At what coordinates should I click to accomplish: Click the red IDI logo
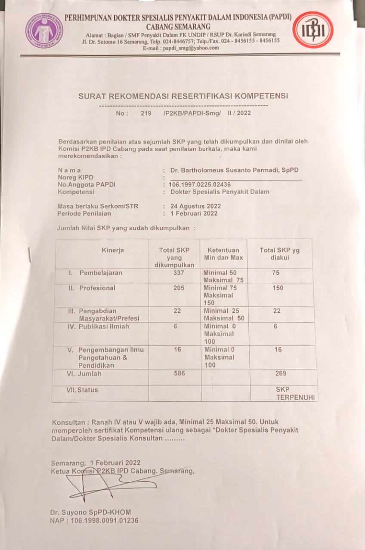click(x=312, y=30)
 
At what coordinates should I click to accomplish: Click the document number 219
click(x=146, y=113)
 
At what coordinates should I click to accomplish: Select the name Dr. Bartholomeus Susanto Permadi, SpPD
click(x=234, y=170)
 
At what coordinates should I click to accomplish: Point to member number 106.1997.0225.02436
click(x=199, y=184)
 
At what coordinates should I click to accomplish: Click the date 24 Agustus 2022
click(x=196, y=206)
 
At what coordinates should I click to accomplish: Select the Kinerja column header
click(x=113, y=250)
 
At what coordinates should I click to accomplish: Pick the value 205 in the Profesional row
click(x=179, y=288)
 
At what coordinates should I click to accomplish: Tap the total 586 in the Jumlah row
click(x=179, y=373)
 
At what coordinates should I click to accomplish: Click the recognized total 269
click(x=281, y=373)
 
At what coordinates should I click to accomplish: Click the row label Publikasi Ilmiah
click(x=103, y=327)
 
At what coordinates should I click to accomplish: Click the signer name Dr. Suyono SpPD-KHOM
click(x=90, y=512)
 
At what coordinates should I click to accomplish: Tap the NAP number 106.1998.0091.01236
click(x=94, y=521)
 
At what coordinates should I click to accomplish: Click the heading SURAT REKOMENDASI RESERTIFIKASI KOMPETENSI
click(x=183, y=96)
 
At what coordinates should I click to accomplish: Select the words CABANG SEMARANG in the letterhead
click(x=178, y=27)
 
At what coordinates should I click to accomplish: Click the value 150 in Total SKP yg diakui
click(x=278, y=288)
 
